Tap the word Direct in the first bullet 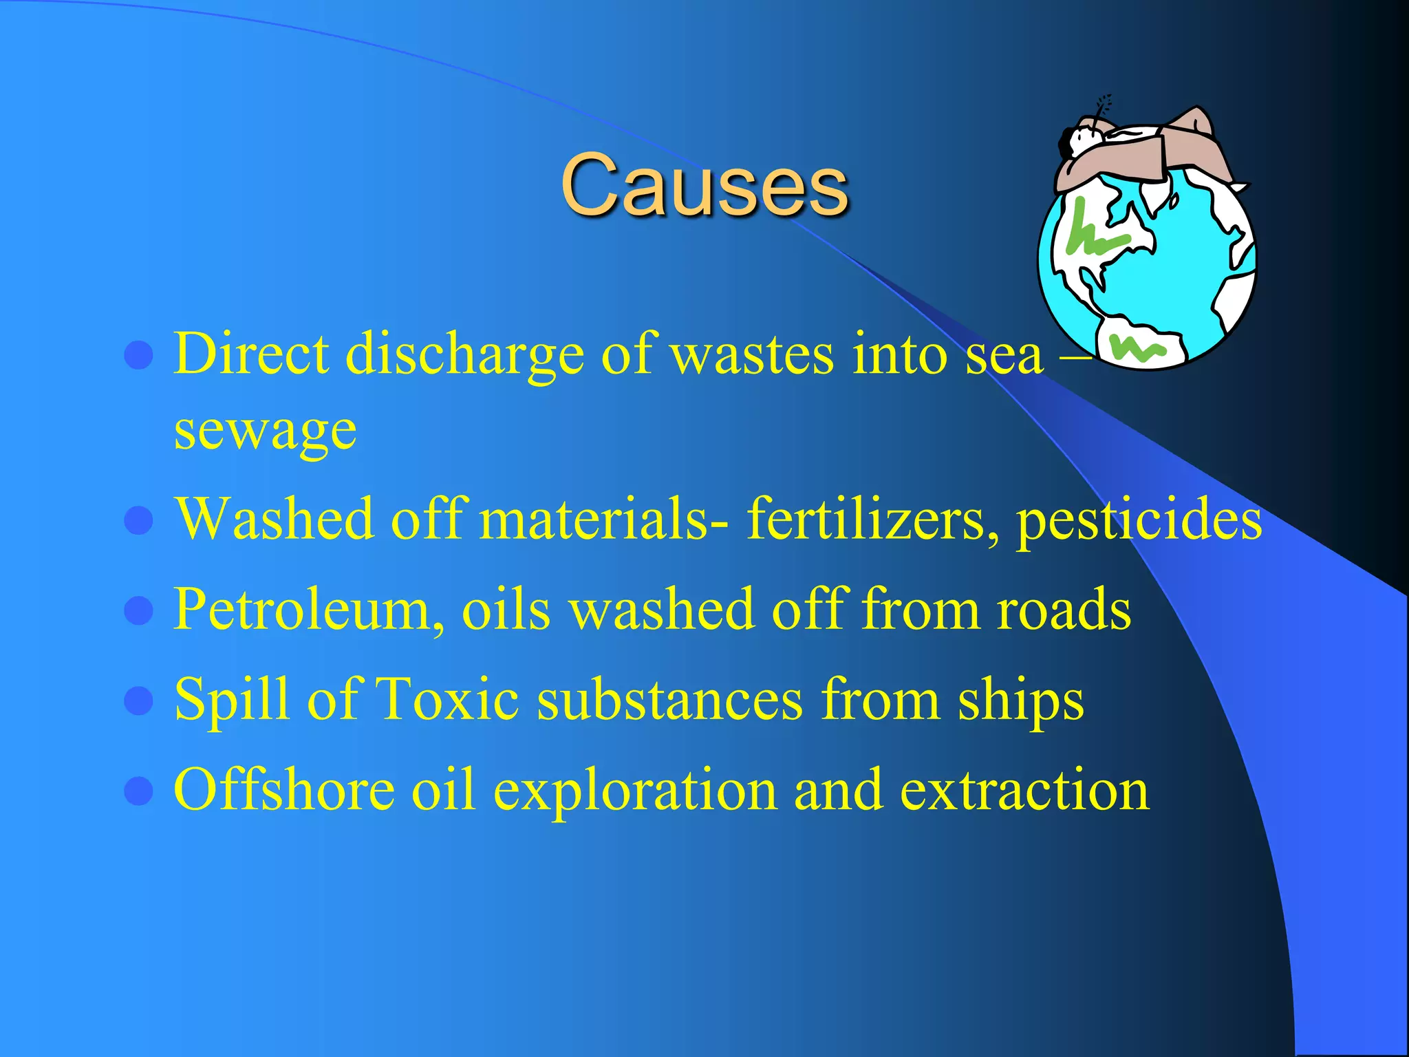point(250,354)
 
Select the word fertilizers point(866,520)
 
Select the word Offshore point(284,790)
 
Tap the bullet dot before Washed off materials point(139,521)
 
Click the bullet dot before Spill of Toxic point(139,701)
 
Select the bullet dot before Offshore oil point(139,791)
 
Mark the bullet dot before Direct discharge point(139,356)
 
